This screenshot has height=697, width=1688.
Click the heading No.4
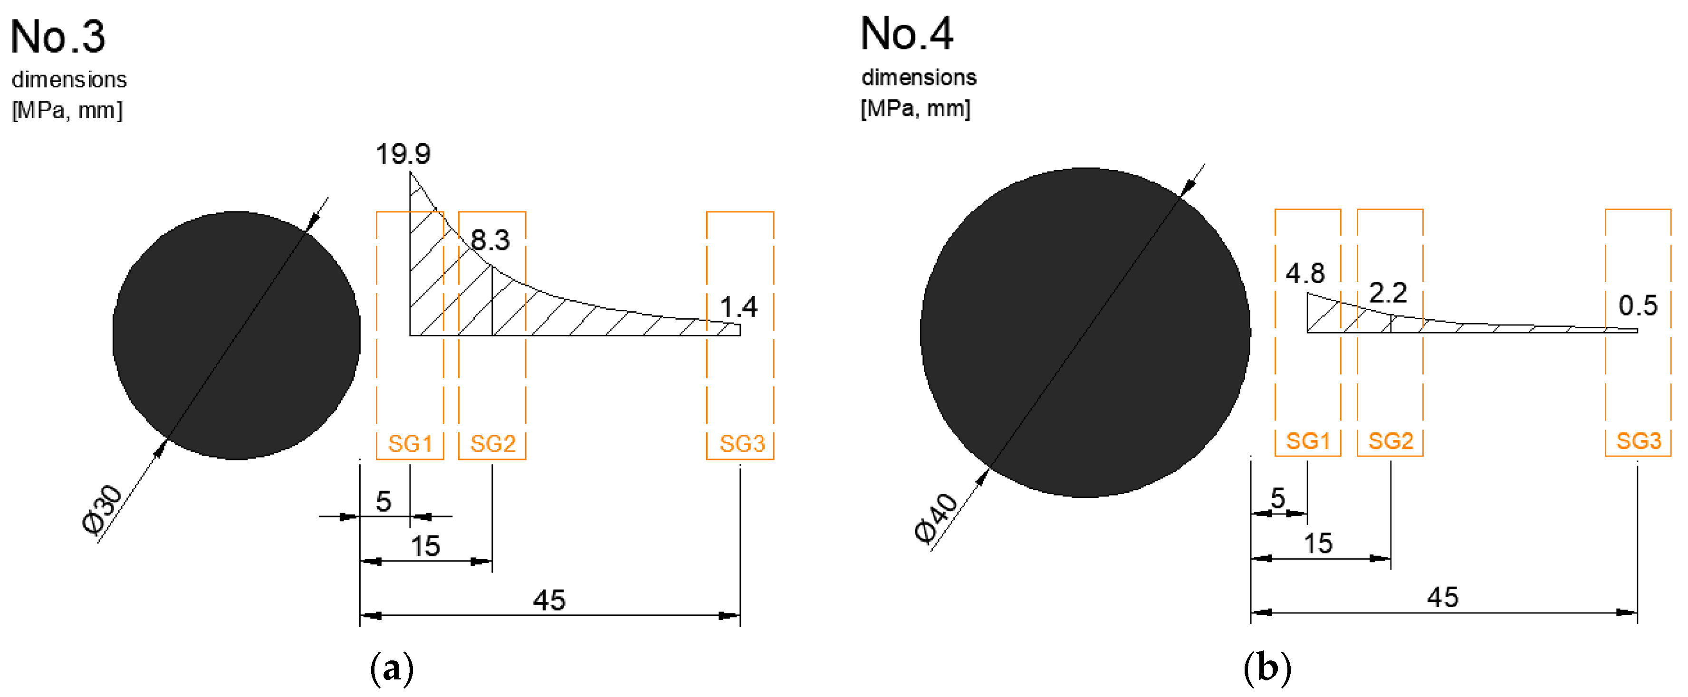pyautogui.click(x=906, y=34)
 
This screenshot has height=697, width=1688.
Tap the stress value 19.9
pyautogui.click(x=403, y=154)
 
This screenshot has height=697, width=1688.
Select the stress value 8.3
pyautogui.click(x=490, y=240)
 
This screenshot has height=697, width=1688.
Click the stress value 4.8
pyautogui.click(x=1304, y=274)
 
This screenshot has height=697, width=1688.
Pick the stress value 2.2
pyautogui.click(x=1388, y=293)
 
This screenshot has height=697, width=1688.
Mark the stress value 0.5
pyautogui.click(x=1638, y=306)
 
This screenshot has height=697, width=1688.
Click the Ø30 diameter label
pyautogui.click(x=102, y=510)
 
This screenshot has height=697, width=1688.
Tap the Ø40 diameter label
pyautogui.click(x=936, y=519)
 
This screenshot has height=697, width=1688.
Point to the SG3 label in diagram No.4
pyautogui.click(x=1638, y=441)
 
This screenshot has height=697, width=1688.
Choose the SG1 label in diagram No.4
pyautogui.click(x=1308, y=441)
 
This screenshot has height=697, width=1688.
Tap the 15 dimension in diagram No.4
pyautogui.click(x=1318, y=544)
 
